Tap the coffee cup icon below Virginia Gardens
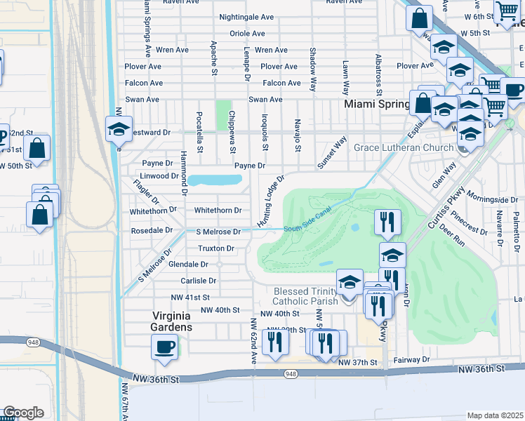point(165,347)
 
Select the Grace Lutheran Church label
point(404,148)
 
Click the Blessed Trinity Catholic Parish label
point(305,296)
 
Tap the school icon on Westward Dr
point(118,128)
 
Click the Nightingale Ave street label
point(246,17)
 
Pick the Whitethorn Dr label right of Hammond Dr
point(218,210)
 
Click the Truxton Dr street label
point(215,248)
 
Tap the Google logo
point(22,413)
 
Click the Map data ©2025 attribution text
point(495,415)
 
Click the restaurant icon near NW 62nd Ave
point(274,342)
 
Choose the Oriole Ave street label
point(247,34)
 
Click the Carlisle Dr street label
point(199,280)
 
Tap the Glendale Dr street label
point(189,265)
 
